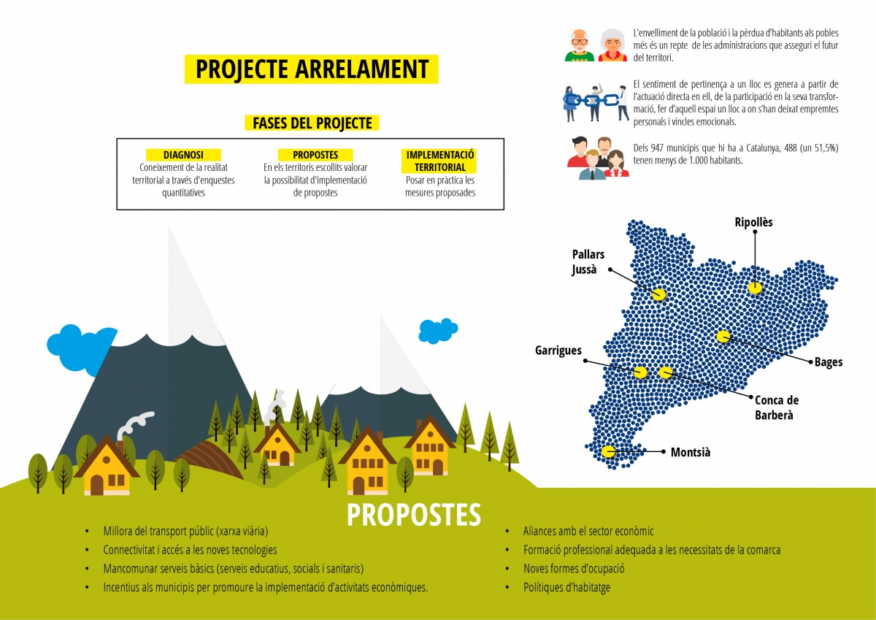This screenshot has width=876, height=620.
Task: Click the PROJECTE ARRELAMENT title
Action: tap(312, 69)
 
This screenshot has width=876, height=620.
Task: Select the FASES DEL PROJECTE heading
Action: tap(312, 123)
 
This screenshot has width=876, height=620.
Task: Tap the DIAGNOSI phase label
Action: tap(183, 155)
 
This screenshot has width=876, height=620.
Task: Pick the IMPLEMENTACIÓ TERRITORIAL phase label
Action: tap(440, 161)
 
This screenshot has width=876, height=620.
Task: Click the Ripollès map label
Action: tap(753, 222)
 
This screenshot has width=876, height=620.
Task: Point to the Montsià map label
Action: tap(691, 452)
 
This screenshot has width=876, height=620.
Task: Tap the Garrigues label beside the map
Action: tap(558, 351)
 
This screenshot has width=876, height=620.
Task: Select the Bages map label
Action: tap(829, 362)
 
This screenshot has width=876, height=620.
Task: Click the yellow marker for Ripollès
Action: tap(755, 288)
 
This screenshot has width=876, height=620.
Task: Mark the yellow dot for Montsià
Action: tap(608, 451)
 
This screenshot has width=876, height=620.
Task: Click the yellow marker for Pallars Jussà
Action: tap(658, 294)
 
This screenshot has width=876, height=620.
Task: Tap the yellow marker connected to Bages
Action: tap(723, 337)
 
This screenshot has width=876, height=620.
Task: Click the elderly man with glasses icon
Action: tap(579, 45)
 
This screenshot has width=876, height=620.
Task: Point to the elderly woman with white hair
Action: tap(612, 45)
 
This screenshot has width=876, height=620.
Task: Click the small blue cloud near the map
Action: tap(438, 331)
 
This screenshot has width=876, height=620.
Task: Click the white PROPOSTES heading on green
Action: tap(414, 514)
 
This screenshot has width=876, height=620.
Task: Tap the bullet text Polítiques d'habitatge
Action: tap(566, 587)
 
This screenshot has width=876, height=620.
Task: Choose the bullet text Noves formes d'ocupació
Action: tap(574, 568)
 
